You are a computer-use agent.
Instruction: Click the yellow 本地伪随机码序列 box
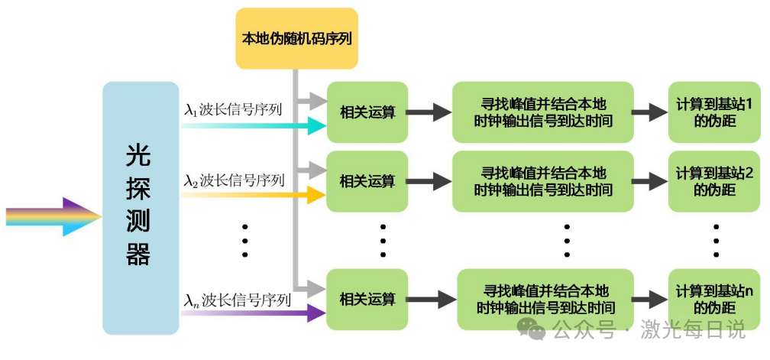(x=296, y=38)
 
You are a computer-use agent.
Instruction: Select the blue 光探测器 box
(x=141, y=207)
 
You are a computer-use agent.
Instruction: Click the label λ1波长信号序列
(x=233, y=109)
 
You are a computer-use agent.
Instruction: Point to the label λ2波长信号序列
(x=234, y=180)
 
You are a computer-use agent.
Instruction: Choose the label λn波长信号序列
(x=238, y=299)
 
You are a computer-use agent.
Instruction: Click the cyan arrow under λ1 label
(x=252, y=126)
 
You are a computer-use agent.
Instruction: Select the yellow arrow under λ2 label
(x=252, y=196)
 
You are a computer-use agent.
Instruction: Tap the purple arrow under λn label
(x=252, y=312)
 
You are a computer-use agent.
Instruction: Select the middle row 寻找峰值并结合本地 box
(x=543, y=181)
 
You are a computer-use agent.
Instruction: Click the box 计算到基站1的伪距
(x=715, y=112)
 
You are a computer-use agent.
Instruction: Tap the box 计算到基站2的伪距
(x=715, y=181)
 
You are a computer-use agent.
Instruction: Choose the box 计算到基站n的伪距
(x=715, y=300)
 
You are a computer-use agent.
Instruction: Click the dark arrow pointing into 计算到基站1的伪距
(x=650, y=112)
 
